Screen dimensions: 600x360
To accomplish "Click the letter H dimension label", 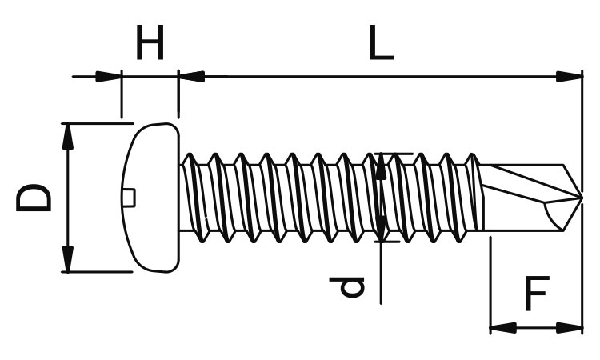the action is (150, 42).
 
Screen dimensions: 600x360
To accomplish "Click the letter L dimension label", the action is (381, 42).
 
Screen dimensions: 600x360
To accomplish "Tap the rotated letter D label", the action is (34, 198).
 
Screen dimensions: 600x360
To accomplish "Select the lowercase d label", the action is (347, 287).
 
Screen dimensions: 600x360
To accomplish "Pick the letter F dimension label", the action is (538, 293).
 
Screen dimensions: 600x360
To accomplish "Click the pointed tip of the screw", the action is (582, 198).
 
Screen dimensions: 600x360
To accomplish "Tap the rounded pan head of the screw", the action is (150, 198).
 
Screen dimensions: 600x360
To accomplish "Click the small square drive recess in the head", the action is (130, 198).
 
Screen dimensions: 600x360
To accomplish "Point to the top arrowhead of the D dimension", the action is (68, 136).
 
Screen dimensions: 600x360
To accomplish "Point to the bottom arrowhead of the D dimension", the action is (68, 259).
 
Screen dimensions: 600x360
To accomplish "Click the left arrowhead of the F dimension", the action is (503, 328).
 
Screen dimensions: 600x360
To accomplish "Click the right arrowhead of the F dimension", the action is (570, 328).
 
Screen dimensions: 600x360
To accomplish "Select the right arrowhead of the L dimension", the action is (570, 77).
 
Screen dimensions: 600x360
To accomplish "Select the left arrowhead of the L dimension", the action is (192, 77).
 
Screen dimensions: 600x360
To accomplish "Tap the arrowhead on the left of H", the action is (108, 77).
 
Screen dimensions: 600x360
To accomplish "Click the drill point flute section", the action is (532, 198).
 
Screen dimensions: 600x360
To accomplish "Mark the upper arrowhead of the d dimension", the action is (381, 166).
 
